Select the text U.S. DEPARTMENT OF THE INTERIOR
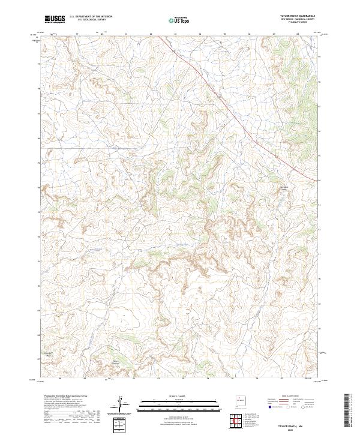click(x=91, y=17)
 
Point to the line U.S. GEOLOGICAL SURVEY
click(x=88, y=20)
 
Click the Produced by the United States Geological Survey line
click(x=62, y=396)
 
